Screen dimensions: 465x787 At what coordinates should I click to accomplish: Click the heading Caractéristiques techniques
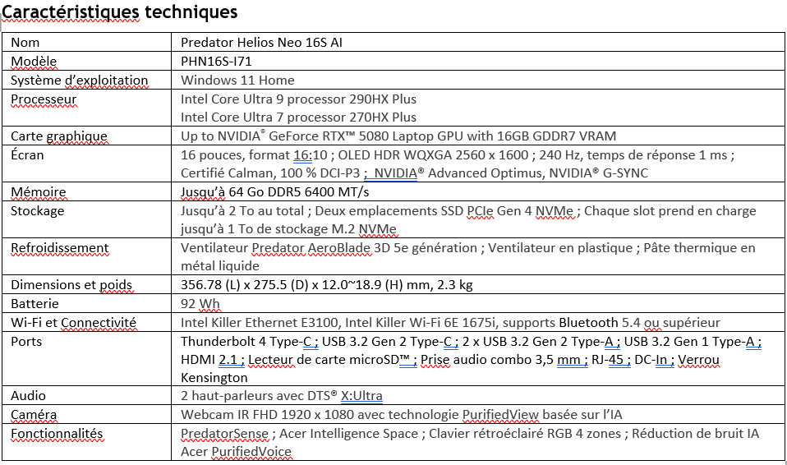coord(120,12)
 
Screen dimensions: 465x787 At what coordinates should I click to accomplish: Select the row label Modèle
coord(34,62)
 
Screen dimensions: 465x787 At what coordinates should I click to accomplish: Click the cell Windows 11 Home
coord(237,81)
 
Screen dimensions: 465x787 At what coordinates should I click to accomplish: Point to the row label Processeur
coord(44,99)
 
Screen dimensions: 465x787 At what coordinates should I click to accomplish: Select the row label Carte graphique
coord(59,136)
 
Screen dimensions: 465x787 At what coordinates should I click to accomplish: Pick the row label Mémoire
coord(39,192)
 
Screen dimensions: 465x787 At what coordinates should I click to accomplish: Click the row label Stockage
coord(38,211)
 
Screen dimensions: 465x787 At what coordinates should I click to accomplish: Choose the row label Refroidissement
coord(60,248)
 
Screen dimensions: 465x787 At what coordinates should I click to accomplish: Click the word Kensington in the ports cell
coord(214,378)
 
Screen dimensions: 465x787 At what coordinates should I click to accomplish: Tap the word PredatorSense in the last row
coord(224,434)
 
